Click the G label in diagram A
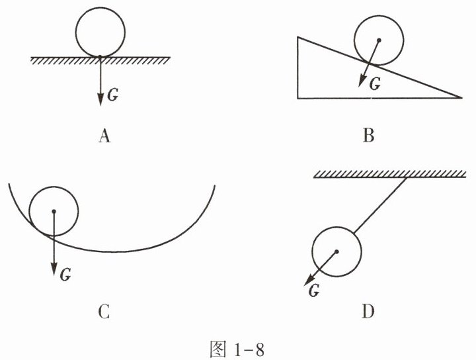(112, 95)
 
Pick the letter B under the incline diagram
(369, 137)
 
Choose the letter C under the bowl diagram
(103, 311)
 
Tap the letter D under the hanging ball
(368, 311)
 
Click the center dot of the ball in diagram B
(379, 40)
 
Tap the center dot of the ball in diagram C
(54, 212)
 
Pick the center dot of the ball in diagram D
(337, 251)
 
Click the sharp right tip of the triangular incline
(460, 98)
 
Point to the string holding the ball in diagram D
(381, 206)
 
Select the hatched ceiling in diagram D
(383, 174)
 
